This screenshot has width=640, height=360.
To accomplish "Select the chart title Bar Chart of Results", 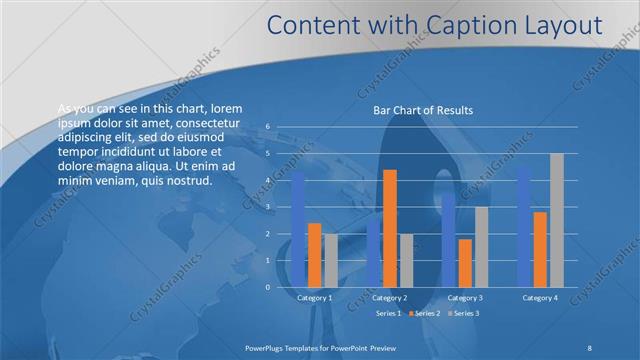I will (423, 110).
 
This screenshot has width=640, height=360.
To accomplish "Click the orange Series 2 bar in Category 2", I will (389, 228).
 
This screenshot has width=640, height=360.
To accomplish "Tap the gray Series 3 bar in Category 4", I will (557, 220).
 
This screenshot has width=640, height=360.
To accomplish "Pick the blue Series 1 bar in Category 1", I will (298, 228).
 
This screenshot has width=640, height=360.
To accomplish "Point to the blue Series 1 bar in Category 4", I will (524, 226).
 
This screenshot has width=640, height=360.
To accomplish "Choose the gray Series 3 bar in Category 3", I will (481, 247).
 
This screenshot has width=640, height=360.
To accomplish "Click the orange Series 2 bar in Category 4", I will (540, 249).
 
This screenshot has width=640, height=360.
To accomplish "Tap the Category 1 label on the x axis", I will (315, 298).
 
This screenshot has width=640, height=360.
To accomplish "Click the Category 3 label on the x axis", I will (464, 298).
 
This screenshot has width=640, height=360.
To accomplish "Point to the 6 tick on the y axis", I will (268, 127).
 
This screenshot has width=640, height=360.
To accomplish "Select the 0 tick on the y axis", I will (268, 287).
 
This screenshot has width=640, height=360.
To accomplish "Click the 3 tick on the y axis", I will (268, 207).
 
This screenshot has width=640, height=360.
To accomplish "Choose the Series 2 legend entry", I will (424, 313).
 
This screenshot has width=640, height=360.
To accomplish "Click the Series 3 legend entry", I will (464, 313).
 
